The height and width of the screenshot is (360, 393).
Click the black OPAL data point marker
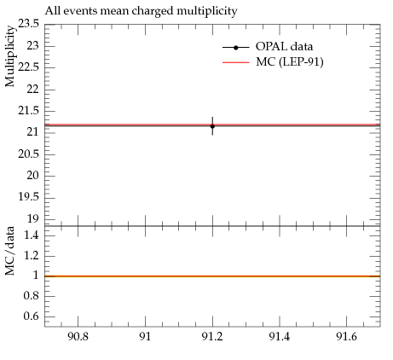click(212, 126)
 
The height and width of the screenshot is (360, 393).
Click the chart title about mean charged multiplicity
click(141, 11)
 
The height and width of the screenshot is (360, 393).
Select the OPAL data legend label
click(284, 46)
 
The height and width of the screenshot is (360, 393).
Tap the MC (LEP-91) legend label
click(290, 61)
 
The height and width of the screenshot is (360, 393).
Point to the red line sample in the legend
click(236, 62)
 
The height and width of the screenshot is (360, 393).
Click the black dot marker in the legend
click(235, 48)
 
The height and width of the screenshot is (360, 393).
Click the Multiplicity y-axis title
click(10, 56)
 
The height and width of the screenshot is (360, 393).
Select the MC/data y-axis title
click(10, 251)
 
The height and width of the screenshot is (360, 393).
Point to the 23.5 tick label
click(28, 24)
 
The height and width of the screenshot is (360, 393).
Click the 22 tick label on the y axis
click(32, 90)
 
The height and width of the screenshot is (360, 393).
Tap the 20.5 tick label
click(28, 154)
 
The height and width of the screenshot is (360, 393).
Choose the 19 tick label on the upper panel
click(32, 218)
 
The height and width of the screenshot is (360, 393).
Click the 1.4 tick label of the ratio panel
click(31, 235)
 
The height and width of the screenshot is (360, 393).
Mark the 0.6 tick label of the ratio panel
click(31, 316)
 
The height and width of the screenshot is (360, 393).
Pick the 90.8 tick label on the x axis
click(78, 337)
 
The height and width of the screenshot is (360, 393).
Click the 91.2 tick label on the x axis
click(212, 337)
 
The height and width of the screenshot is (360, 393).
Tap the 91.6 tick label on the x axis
click(346, 337)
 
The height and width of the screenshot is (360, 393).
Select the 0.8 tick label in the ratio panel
click(31, 296)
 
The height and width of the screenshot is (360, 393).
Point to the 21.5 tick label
click(28, 111)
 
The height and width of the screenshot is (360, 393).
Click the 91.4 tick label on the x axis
click(280, 337)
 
